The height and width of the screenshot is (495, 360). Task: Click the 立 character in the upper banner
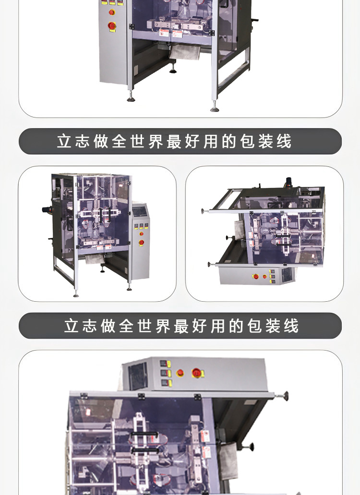[64, 141]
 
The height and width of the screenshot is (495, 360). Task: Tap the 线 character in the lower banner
[291, 326]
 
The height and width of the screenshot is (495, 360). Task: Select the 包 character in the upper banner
[247, 141]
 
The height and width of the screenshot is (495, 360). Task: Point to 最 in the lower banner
[181, 326]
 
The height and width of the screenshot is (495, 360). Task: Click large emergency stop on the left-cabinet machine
[111, 25]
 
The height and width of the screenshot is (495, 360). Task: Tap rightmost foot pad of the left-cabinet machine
[216, 109]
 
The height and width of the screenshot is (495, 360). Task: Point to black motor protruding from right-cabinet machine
[47, 209]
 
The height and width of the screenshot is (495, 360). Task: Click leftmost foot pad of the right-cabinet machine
[76, 295]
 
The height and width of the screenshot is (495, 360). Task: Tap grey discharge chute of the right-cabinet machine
[94, 259]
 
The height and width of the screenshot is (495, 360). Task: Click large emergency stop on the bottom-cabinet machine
[255, 277]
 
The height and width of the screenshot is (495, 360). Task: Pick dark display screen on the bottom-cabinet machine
[287, 275]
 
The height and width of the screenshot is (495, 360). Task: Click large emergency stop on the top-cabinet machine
[197, 373]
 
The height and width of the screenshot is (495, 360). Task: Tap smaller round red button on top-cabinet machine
[180, 373]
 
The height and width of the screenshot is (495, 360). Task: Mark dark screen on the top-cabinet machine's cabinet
[138, 376]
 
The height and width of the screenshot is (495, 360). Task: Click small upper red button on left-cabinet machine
[111, 12]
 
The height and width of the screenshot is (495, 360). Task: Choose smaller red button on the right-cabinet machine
[142, 234]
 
